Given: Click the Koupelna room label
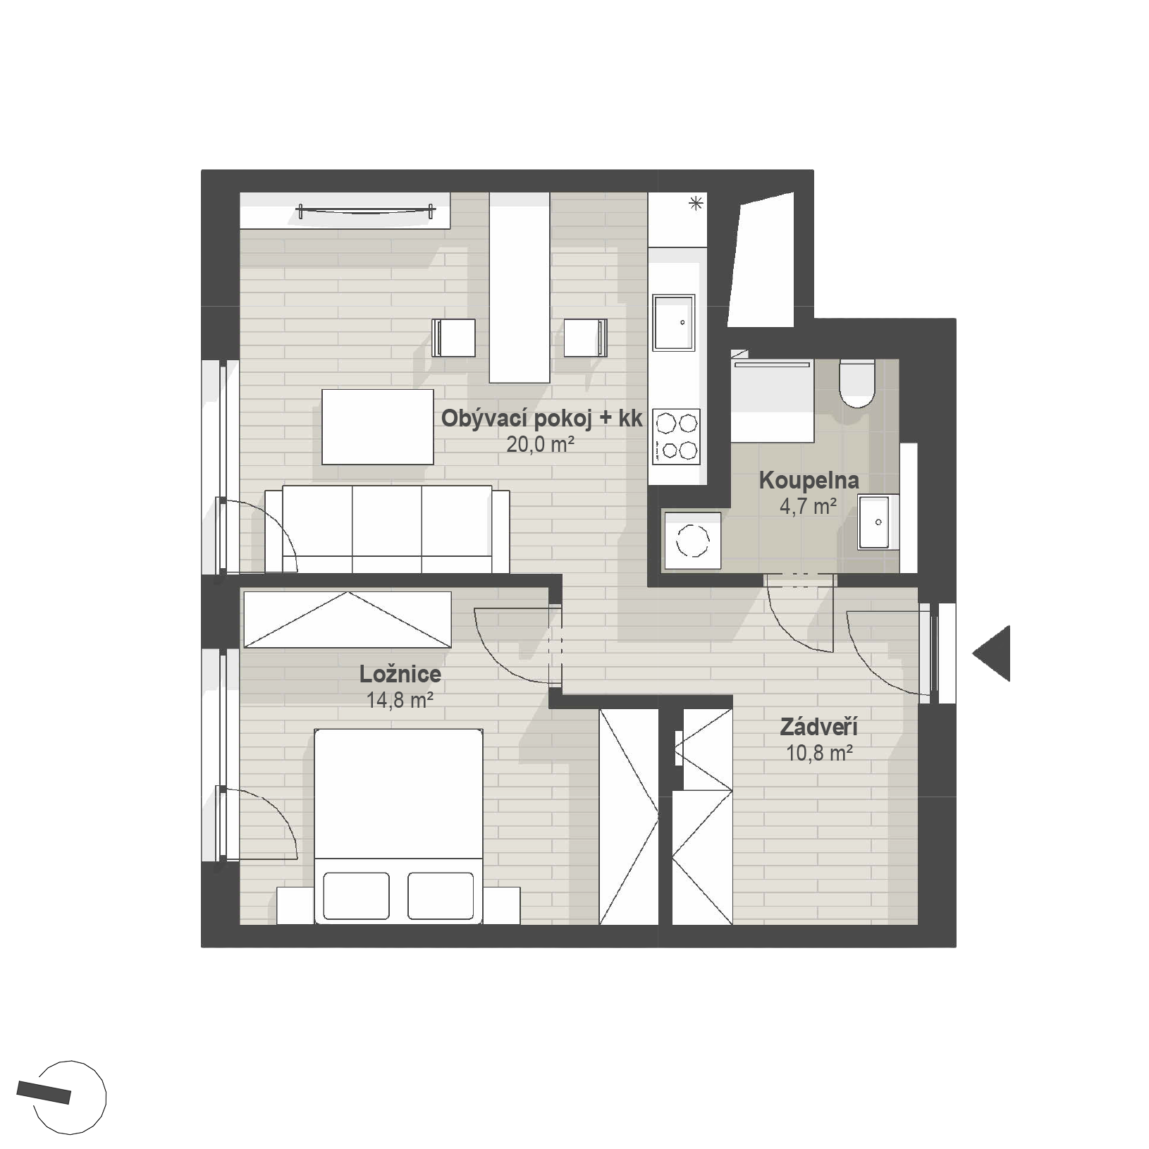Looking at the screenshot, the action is click(809, 481).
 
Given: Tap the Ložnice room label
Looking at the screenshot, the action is click(400, 675).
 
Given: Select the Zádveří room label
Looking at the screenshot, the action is click(818, 727).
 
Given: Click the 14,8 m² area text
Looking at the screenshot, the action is click(399, 700).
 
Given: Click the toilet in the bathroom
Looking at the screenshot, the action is click(857, 383).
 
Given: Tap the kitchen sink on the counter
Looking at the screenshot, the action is click(674, 323).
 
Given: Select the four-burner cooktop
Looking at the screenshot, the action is click(676, 436).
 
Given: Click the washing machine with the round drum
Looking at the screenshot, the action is click(692, 541).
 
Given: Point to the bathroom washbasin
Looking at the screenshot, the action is click(878, 522).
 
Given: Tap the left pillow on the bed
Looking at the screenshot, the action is click(356, 895).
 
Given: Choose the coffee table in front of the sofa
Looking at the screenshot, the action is click(378, 427).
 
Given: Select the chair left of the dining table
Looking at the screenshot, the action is click(453, 338).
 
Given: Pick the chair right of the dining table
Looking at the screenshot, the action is click(586, 338).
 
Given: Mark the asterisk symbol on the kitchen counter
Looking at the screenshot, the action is click(696, 204).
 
